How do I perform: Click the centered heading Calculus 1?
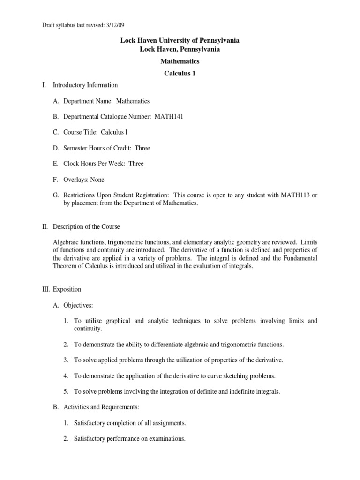coord(180,73)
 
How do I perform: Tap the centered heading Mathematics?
coord(180,61)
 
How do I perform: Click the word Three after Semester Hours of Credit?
coord(142,148)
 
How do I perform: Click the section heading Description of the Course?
coord(86,226)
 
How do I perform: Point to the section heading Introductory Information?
coord(85,85)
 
